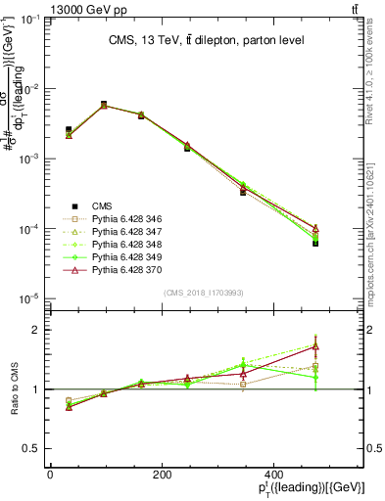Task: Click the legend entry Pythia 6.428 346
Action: click(x=123, y=219)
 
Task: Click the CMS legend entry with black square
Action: click(x=102, y=206)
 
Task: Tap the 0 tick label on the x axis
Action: click(x=50, y=475)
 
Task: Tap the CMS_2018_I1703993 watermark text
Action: click(x=204, y=292)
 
